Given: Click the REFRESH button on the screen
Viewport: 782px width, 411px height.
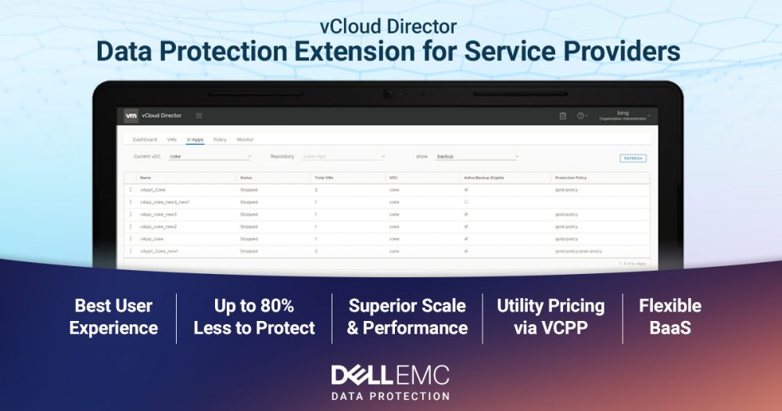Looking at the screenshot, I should pos(633,158).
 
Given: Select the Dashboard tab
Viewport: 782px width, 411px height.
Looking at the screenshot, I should pos(145,139).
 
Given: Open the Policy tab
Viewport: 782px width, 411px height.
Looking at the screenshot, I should pos(220,139).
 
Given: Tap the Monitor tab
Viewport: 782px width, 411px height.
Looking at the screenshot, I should pos(245,139).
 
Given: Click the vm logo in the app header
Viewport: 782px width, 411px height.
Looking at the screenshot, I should pos(131,116).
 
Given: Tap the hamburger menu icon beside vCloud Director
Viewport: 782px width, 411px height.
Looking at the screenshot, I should pos(199,116).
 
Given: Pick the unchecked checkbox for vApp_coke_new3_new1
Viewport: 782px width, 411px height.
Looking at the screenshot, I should pos(466,202).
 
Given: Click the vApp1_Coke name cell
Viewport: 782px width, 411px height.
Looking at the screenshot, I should pos(153,189).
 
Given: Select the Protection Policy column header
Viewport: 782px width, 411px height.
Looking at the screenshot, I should pos(570,178).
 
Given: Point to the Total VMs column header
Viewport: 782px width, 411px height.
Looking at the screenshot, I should pos(325,178).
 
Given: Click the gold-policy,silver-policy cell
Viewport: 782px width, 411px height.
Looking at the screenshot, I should pos(578,251).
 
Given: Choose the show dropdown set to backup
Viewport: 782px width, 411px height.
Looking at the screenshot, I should pos(477,157).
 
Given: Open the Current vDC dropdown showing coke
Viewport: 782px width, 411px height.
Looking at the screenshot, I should pos(210,157).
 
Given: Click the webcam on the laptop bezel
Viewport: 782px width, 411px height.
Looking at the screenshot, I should pos(388,94).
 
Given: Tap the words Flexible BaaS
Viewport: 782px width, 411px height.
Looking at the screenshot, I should pos(669,316).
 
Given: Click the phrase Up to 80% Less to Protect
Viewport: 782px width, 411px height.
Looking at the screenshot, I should pos(254,316).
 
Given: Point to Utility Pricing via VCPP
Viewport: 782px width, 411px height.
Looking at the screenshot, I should pos(551,316).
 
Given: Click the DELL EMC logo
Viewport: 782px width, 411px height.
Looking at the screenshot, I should pos(390,374).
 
